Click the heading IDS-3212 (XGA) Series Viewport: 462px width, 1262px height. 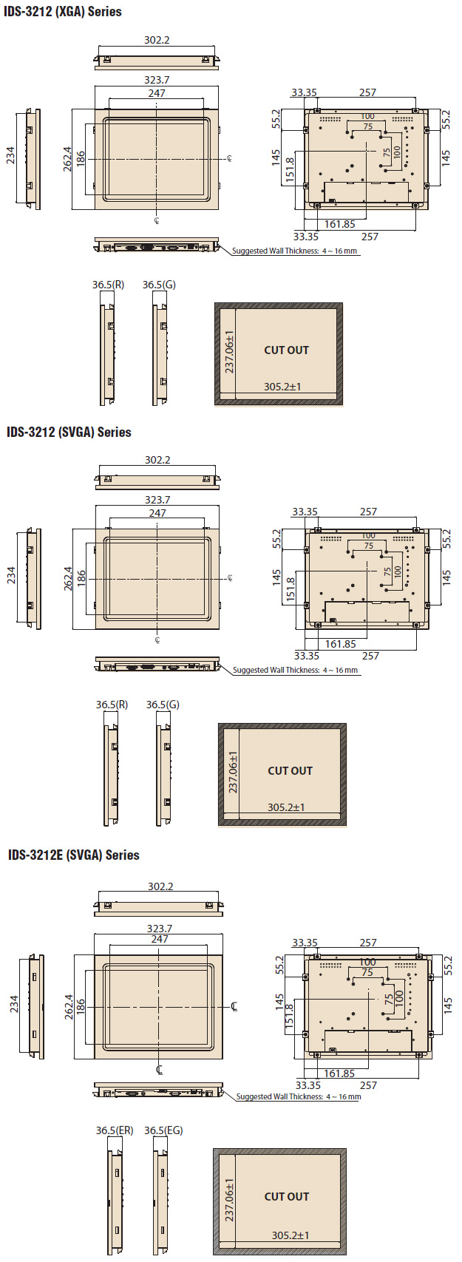coord(63,11)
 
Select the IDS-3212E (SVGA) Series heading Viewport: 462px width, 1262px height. coord(74,855)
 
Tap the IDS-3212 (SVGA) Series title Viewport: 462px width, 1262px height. coord(69,432)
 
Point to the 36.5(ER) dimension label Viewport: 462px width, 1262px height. coord(115,1130)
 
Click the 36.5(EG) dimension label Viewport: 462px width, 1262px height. coord(163,1130)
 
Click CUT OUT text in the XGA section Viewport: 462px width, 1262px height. coord(287,350)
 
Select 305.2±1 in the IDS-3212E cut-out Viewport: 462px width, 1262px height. coord(291,1235)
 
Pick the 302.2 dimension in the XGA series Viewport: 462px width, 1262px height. coord(157,40)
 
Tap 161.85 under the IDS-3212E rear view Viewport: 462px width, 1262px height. coord(339,1073)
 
